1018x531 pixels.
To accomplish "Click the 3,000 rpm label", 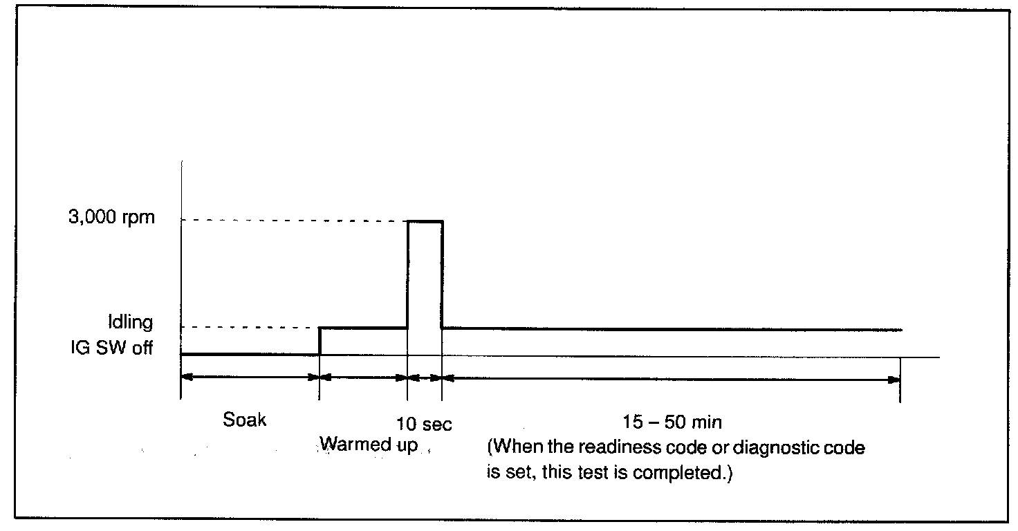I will [x=115, y=219].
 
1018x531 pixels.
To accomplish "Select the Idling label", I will [x=130, y=323].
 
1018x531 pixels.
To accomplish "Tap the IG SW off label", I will [x=112, y=347].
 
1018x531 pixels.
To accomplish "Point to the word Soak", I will [x=245, y=420].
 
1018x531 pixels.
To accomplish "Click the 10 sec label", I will [x=424, y=424].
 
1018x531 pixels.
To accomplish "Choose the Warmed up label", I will [x=369, y=445].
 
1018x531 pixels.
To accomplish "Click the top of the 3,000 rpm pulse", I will [x=425, y=221].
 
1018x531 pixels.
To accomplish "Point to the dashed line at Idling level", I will [x=249, y=327].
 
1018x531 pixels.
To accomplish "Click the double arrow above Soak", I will [x=250, y=378].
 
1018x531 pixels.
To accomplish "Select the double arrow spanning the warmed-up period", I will [x=363, y=378].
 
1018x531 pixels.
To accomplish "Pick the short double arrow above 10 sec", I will [x=425, y=378].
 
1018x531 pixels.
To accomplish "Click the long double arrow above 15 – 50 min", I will [x=671, y=379].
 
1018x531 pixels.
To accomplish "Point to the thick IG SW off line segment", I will [x=250, y=354].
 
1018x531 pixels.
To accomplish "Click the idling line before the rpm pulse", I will [x=363, y=328].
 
